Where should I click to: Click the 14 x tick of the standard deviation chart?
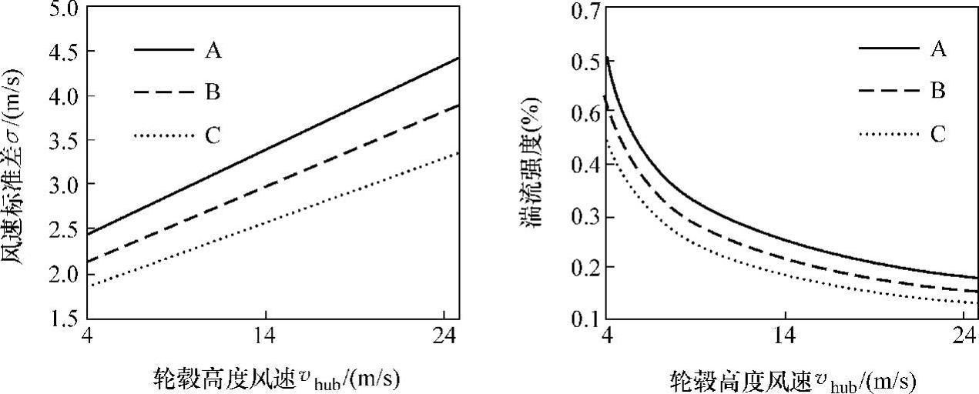(x=265, y=337)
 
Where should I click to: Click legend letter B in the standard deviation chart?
(x=213, y=93)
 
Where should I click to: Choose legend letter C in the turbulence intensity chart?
(x=938, y=135)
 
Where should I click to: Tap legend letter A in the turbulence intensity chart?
(x=938, y=49)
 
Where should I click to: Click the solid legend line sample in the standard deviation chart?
(x=163, y=50)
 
